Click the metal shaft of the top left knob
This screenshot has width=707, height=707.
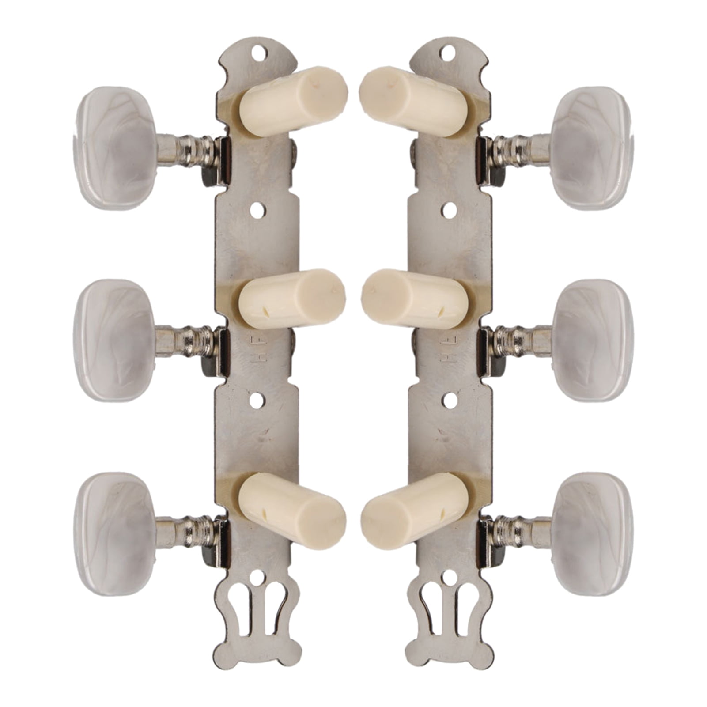[x=185, y=150]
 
